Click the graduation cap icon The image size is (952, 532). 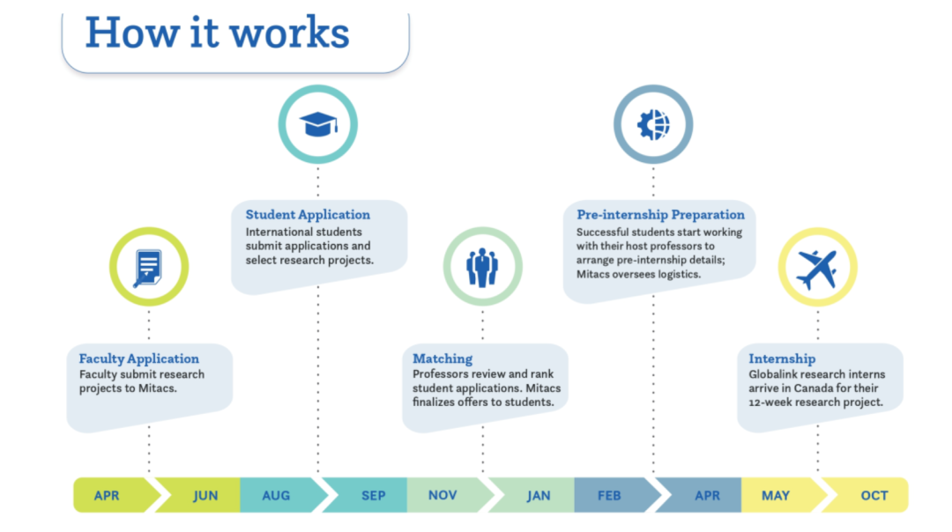317,124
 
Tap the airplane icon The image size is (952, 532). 817,268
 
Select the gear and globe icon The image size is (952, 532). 653,124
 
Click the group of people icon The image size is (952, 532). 482,268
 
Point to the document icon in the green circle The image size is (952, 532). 148,268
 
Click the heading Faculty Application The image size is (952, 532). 139,358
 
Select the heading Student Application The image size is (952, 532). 308,215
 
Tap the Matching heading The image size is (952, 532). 443,358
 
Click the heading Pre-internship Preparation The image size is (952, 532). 660,215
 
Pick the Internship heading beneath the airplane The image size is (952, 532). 782,358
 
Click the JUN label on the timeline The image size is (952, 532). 205,496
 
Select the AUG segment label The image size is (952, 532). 276,496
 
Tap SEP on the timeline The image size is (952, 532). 373,496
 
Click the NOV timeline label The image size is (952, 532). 443,496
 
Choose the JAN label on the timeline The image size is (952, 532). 539,496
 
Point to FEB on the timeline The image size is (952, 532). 609,496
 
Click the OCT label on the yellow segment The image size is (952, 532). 874,496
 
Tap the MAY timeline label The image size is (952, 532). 776,496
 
